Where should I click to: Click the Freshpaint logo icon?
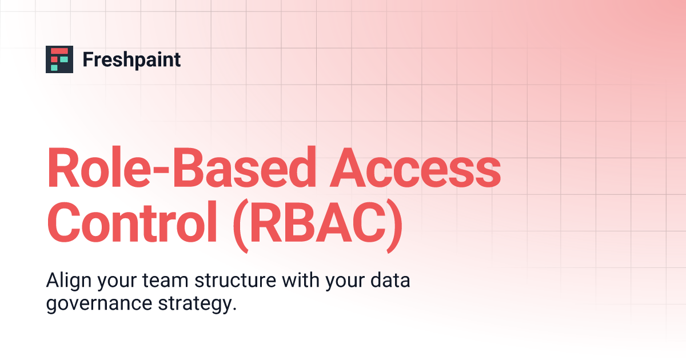click(x=59, y=59)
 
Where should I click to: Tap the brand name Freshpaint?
click(x=131, y=59)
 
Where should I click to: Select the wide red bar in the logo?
click(x=59, y=51)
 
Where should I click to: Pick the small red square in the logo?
click(x=55, y=59)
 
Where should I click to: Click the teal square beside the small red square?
click(x=64, y=59)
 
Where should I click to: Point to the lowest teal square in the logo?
click(x=55, y=67)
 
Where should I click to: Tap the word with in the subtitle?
click(x=305, y=282)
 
